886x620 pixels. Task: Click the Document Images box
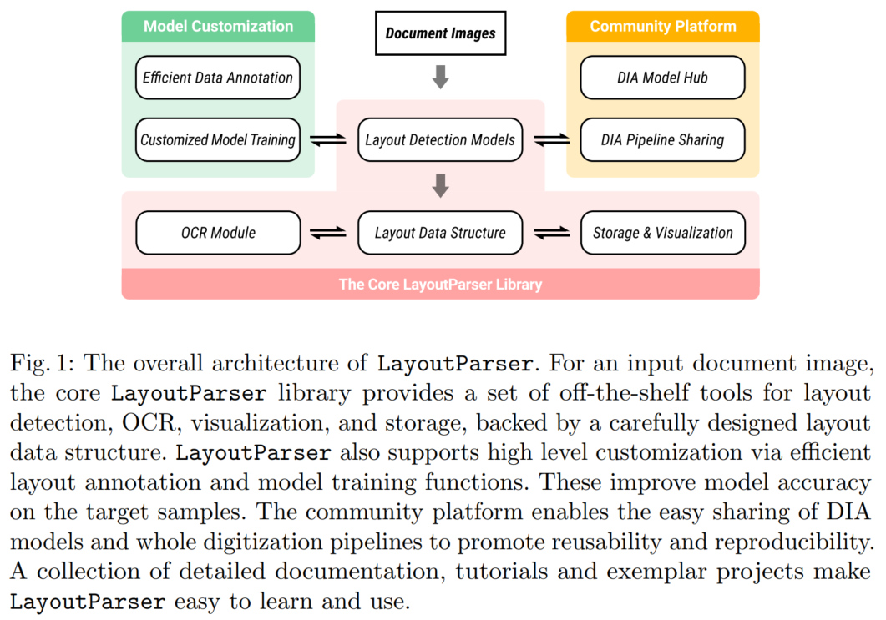(440, 34)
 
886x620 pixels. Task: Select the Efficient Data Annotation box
(218, 78)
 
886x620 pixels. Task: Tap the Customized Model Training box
(218, 139)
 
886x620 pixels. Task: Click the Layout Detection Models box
(440, 139)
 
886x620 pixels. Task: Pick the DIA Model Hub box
(662, 78)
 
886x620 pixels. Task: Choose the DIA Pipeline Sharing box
(662, 139)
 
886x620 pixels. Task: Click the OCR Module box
(218, 233)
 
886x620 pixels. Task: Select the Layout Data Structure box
(440, 233)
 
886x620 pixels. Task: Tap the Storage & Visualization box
(662, 233)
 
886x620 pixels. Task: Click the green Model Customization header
(218, 26)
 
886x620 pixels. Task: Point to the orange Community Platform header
(662, 26)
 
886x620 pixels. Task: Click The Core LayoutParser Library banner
(440, 284)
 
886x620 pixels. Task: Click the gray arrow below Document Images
(440, 78)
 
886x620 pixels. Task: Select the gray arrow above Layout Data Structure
(440, 184)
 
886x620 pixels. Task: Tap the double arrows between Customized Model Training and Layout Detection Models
(328, 140)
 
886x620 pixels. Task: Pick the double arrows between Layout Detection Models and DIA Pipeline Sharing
(551, 140)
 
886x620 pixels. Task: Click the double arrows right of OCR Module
(328, 234)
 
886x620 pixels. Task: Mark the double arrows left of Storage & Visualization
(551, 234)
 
